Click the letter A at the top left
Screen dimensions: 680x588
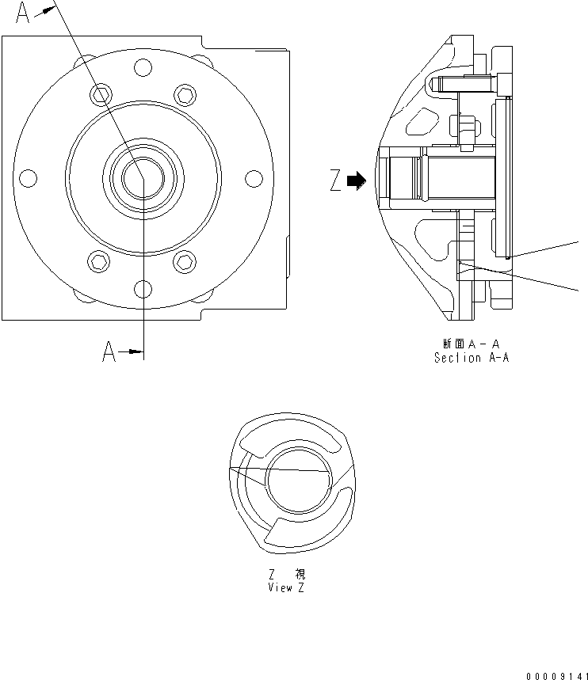coord(23,13)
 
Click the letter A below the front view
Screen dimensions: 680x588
coord(109,352)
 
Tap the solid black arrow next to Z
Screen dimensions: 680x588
coord(357,181)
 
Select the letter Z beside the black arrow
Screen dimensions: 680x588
coord(336,182)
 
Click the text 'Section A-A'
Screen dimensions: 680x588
coord(471,358)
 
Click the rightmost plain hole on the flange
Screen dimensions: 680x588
coord(254,178)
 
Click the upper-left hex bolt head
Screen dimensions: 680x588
coord(99,95)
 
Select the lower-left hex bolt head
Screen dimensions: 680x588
coord(99,260)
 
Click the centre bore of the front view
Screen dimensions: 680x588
coord(142,177)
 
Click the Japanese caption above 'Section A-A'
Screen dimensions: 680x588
coord(471,344)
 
